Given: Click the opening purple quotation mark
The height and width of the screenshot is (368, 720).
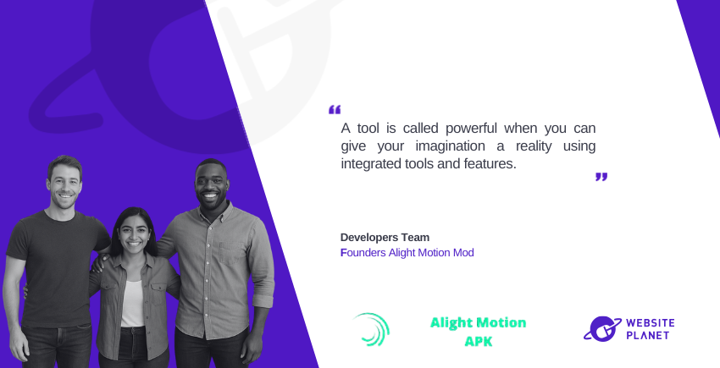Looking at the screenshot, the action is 335,110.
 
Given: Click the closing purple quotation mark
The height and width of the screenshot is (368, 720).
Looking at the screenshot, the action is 601,177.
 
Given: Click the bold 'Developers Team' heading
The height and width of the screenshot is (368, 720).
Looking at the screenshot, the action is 385,237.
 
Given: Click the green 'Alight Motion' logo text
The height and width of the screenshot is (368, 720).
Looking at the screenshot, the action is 478,323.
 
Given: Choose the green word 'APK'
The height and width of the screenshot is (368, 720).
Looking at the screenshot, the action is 479,341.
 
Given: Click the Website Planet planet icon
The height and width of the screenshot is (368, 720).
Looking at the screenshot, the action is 602,328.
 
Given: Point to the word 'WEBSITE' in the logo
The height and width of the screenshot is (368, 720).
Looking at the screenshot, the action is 651,322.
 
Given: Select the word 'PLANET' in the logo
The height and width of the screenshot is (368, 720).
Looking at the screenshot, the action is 647,335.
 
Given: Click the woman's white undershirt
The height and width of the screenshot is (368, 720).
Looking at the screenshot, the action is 133,305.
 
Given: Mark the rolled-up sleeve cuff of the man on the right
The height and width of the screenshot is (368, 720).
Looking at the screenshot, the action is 263,300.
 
